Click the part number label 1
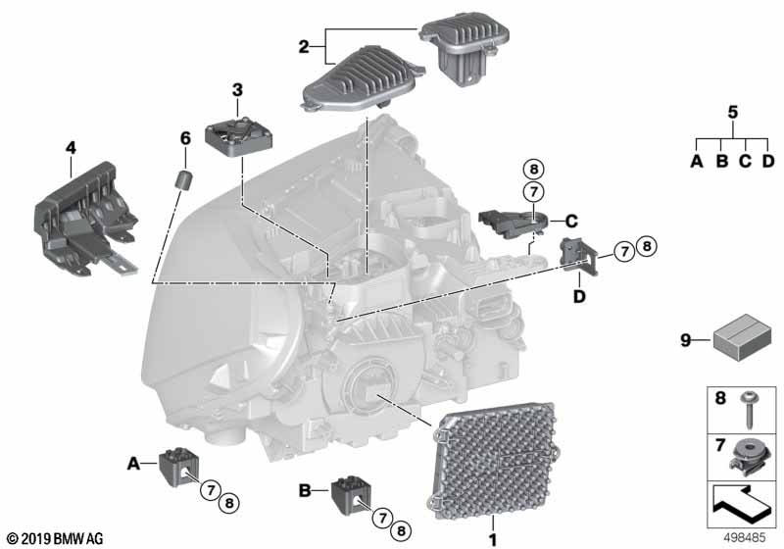[493, 538]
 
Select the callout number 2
[304, 46]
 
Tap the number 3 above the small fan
[237, 90]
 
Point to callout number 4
[70, 148]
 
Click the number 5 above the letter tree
[732, 112]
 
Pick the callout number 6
[184, 139]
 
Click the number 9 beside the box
[687, 341]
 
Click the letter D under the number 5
[768, 161]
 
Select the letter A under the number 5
[697, 161]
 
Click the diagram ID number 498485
[746, 538]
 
